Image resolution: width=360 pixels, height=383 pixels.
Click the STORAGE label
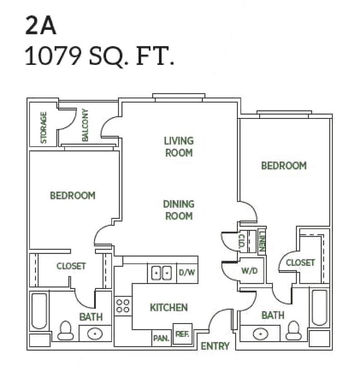[x=44, y=128]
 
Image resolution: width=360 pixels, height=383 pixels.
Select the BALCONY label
[x=85, y=125]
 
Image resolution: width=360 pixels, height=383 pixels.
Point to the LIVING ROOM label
[x=178, y=147]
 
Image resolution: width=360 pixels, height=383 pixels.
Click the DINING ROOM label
[x=178, y=210]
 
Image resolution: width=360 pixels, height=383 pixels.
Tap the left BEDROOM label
[x=73, y=196]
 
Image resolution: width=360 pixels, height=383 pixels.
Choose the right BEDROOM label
[x=283, y=166]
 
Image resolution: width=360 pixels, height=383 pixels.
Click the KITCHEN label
[x=168, y=308]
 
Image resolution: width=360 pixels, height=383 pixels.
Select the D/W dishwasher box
[x=187, y=273]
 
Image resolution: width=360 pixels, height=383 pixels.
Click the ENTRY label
[x=215, y=346]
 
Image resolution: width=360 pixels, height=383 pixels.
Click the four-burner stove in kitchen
[x=123, y=305]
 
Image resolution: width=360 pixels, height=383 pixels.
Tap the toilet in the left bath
[x=66, y=330]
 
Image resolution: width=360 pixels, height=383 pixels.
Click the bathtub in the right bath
[x=319, y=308]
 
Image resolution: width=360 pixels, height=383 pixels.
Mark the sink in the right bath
[x=260, y=334]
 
